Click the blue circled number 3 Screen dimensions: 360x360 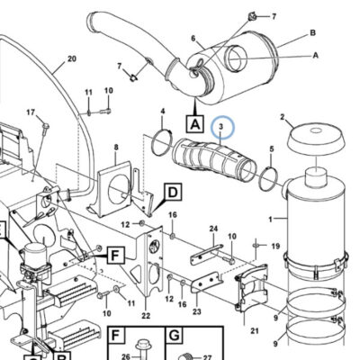pos(221,127)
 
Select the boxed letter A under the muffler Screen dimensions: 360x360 pos(195,124)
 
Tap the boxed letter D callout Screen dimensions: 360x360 pos(173,192)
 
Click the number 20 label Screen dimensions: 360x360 pos(72,58)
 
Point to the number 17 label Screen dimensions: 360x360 pos(31,112)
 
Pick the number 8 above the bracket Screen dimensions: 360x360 pos(116,147)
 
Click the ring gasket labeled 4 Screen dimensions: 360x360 pos(162,142)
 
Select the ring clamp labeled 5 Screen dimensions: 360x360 pos(268,179)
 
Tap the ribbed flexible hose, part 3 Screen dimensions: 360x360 pos(214,161)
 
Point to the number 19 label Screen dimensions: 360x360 pos(275,247)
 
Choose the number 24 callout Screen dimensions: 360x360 pos(213,229)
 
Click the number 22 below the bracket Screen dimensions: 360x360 pos(146,316)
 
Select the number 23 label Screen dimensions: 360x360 pos(197,311)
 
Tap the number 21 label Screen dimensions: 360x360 pos(255,331)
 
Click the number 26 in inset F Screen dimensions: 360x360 pos(126,356)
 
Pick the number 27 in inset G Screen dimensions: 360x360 pos(207,357)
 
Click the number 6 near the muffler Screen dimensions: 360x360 pos(193,39)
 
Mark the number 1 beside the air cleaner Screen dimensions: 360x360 pos(270,220)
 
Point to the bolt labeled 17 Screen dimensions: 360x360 pos(46,127)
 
